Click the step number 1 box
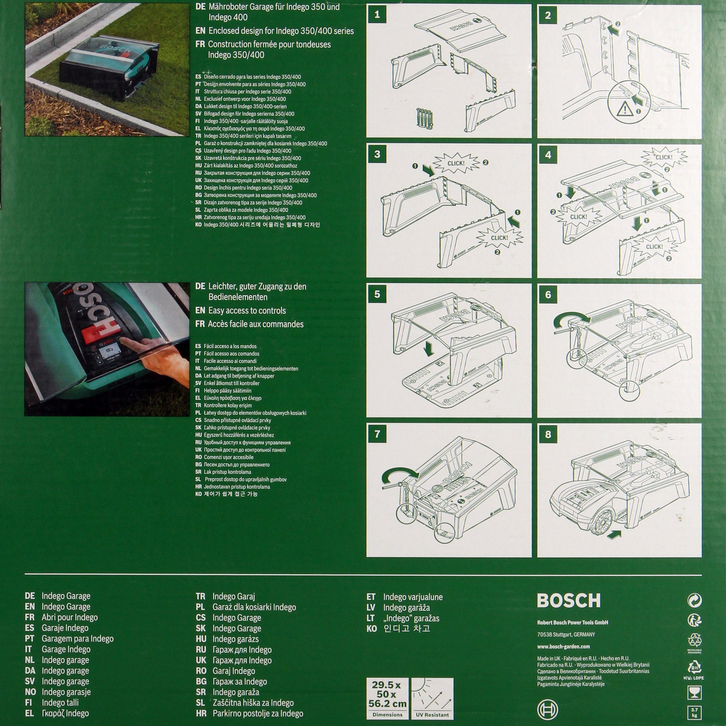coord(377,15)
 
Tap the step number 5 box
coord(377,294)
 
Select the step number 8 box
coord(548,435)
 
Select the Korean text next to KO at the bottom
coord(407,628)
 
